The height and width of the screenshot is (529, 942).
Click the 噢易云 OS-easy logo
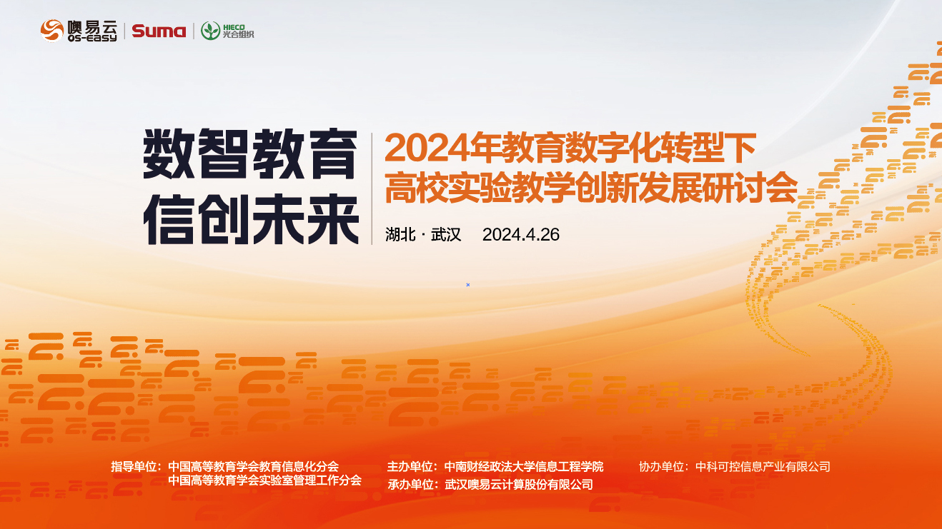[78, 31]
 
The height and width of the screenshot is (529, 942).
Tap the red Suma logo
[159, 31]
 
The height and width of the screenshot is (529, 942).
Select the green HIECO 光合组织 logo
[227, 31]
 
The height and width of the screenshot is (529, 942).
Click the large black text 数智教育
[249, 154]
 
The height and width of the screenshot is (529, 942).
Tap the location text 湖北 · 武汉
[423, 235]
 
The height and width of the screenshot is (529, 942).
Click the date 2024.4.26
[520, 235]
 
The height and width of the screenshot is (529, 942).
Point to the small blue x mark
[468, 285]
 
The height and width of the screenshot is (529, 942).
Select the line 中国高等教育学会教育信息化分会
[253, 467]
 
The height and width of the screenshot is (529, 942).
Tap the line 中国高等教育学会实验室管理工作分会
[264, 480]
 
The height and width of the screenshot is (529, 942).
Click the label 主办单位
[412, 467]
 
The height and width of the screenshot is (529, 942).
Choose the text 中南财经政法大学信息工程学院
[524, 467]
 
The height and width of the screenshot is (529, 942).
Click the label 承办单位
[412, 485]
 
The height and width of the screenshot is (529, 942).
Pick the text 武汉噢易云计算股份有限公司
[518, 485]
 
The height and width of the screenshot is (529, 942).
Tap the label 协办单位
[663, 467]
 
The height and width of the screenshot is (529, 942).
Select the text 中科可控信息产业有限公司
[763, 467]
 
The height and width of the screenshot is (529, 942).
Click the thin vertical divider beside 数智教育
[372, 188]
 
